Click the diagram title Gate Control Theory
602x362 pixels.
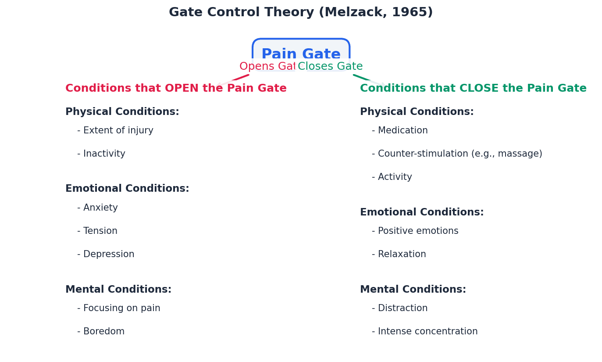pos(300,12)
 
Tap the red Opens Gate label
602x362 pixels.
pos(267,67)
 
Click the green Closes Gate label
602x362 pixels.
pos(330,67)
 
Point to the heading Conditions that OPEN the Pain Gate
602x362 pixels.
pos(176,89)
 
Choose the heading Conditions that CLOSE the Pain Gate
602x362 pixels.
pos(473,89)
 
